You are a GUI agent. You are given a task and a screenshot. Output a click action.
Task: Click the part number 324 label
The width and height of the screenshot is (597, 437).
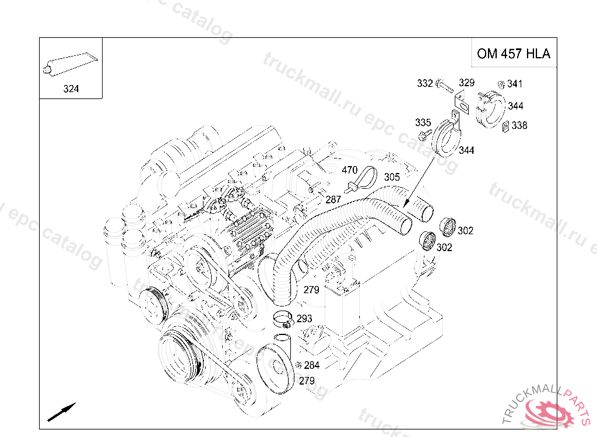(71, 89)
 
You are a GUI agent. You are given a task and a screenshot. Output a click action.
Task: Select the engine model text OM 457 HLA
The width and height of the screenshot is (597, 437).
(513, 54)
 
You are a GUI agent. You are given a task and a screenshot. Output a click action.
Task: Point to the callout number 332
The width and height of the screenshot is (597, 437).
(425, 84)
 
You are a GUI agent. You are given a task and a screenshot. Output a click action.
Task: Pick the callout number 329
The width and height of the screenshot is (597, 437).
(466, 83)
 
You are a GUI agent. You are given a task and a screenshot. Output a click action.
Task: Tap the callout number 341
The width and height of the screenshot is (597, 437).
(515, 84)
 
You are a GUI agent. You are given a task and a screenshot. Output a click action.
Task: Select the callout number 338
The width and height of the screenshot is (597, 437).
(519, 125)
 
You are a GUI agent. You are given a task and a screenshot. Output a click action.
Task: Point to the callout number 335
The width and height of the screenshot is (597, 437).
(423, 122)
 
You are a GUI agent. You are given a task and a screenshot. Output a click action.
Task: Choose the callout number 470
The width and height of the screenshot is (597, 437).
(349, 170)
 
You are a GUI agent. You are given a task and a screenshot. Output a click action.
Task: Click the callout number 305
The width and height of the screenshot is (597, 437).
(392, 177)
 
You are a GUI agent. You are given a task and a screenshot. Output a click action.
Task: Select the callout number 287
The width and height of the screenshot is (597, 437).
(333, 200)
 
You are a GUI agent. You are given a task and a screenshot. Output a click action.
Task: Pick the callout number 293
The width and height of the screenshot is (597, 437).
(304, 319)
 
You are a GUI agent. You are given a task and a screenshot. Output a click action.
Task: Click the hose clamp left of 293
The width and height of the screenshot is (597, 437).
(283, 319)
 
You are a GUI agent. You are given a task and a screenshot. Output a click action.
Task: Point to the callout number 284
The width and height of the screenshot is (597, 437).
(312, 366)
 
